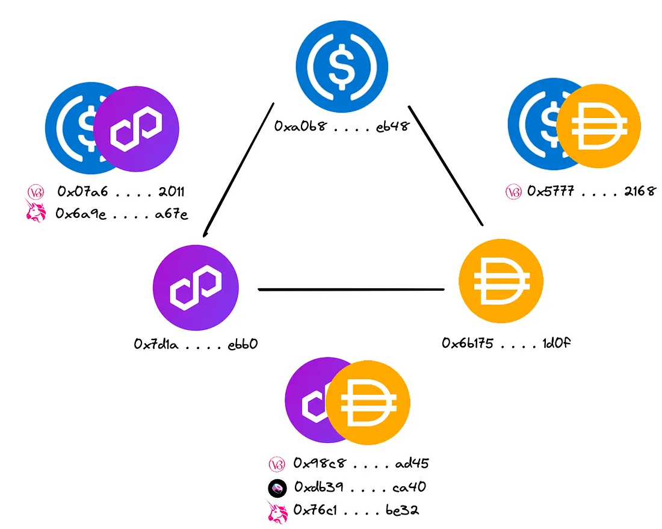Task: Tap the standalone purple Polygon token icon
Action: pos(196,288)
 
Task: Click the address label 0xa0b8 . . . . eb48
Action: pos(342,126)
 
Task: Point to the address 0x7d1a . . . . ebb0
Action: pos(196,345)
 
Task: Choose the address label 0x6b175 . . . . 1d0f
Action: pos(506,343)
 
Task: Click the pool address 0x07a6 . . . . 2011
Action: pos(120,192)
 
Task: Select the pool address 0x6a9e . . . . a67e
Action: pos(122,214)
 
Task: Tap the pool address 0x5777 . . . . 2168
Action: pos(591,192)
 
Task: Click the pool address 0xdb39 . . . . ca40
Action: pos(360,487)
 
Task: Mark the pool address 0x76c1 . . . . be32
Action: pos(356,510)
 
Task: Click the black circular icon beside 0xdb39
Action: pos(276,487)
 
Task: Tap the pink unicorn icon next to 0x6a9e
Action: pos(35,212)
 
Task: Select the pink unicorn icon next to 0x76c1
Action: pos(275,511)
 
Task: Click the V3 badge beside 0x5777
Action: pos(513,192)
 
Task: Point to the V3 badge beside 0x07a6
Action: pos(34,192)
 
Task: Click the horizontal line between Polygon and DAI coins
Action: pos(351,290)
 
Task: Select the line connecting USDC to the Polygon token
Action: pos(240,169)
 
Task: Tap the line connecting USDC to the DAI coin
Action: pos(445,165)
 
